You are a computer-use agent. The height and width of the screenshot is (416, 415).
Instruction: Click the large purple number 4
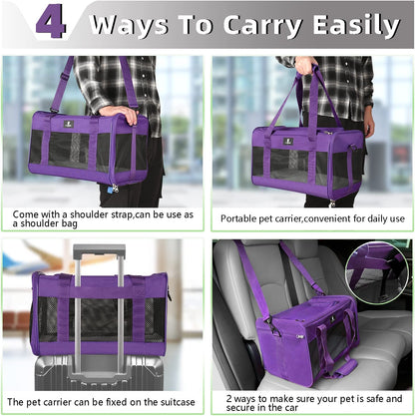50,22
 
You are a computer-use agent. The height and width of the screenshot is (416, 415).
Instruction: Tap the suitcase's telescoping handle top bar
99,249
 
